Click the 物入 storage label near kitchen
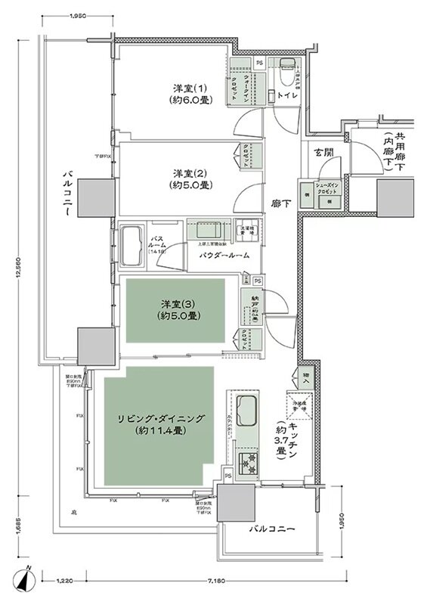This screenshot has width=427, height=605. pyautogui.click(x=305, y=375)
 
